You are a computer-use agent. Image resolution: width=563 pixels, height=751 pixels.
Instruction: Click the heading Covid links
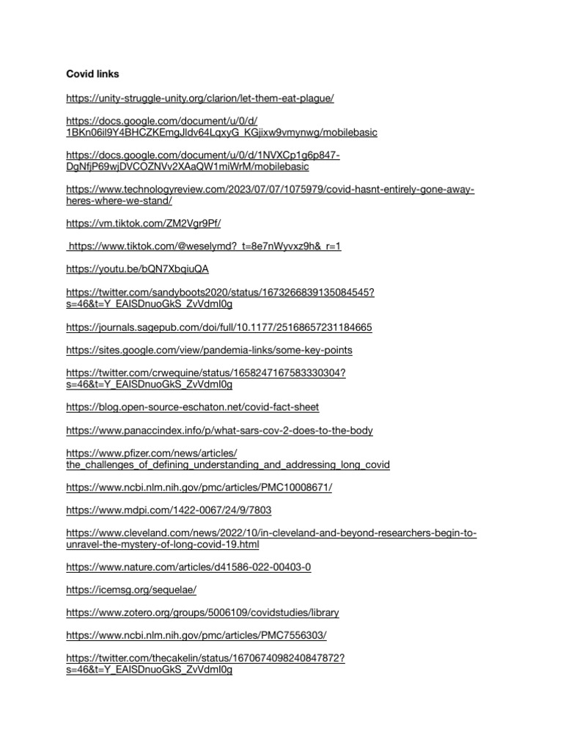(x=92, y=74)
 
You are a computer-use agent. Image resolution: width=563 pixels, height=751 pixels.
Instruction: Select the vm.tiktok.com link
(x=143, y=223)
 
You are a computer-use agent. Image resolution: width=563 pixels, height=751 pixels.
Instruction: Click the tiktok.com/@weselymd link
(x=205, y=246)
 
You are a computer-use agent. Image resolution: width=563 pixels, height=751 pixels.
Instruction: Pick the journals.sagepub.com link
(x=219, y=326)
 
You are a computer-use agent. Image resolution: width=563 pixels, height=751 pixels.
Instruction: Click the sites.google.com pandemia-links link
(x=209, y=350)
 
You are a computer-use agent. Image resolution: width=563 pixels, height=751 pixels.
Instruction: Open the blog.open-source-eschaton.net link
(x=192, y=407)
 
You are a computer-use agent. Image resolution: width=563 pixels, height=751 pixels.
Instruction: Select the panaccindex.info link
(x=219, y=431)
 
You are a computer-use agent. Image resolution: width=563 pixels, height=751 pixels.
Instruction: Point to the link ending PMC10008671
(x=199, y=488)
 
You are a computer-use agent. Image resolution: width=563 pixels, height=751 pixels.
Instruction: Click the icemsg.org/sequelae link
(x=131, y=590)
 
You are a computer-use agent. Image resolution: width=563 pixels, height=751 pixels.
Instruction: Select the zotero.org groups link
(x=202, y=612)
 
